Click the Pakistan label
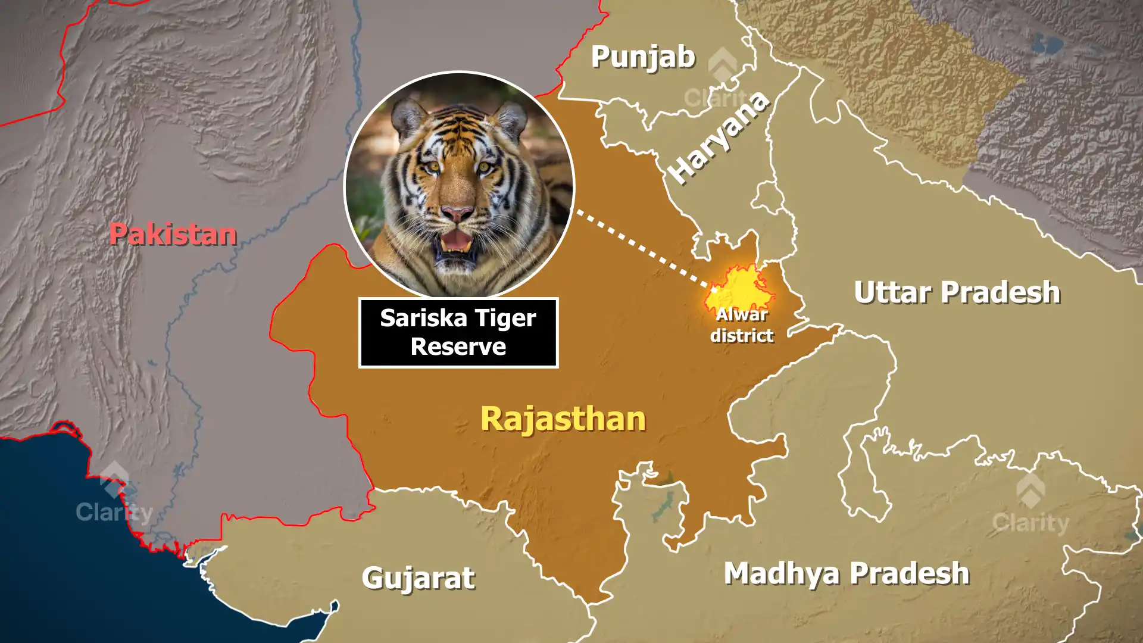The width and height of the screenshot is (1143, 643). pos(173,234)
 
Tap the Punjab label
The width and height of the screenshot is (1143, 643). pos(643,57)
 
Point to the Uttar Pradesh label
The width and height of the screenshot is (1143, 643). pos(957,292)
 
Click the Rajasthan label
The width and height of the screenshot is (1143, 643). pos(563,419)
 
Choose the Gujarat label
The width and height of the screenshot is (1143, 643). pos(418,578)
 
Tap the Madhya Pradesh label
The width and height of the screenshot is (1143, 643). pos(846,573)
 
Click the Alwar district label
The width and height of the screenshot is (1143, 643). pos(742,325)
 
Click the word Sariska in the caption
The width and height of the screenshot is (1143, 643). pos(414,318)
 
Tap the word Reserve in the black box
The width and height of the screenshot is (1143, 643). pos(458,347)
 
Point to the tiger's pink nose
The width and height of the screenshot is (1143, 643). pos(457,213)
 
